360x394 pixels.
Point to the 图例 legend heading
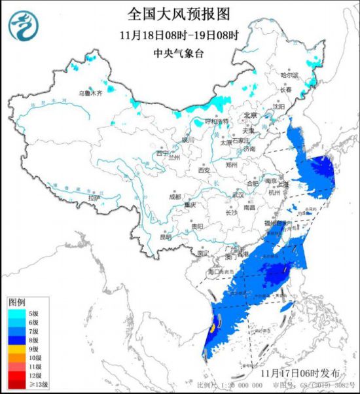pyautogui.click(x=17, y=302)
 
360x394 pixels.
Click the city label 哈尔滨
pyautogui.click(x=289, y=76)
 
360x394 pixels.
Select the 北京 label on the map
pyautogui.click(x=250, y=115)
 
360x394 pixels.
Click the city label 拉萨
pyautogui.click(x=94, y=197)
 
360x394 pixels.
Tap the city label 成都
pyautogui.click(x=174, y=196)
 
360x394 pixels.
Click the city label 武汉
pyautogui.click(x=237, y=195)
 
